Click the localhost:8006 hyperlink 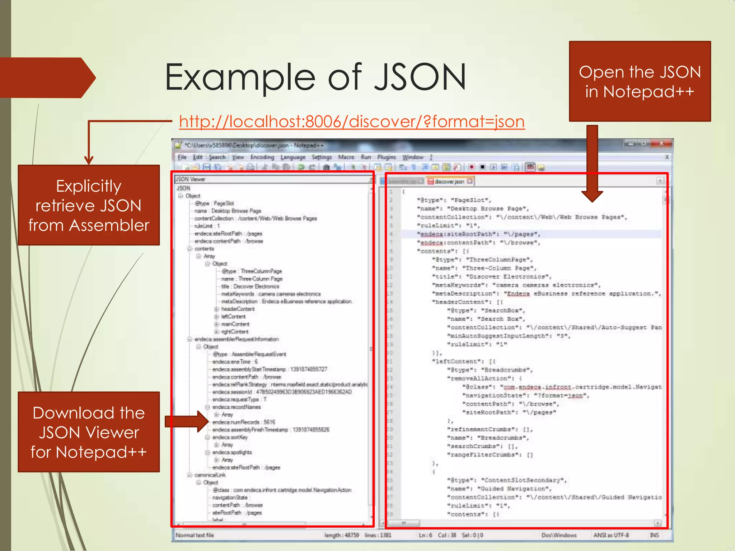coord(352,122)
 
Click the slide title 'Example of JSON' coord(315,77)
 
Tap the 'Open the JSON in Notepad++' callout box coord(640,81)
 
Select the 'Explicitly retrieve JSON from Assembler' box coord(89,205)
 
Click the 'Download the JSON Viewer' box coord(89,432)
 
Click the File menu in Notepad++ coord(182,157)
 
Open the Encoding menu coord(262,157)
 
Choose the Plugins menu coord(386,157)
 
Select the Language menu coord(293,157)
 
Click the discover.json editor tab coord(449,182)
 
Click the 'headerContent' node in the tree coord(238,309)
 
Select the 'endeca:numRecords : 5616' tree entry coord(244,422)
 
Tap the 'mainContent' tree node coord(235,324)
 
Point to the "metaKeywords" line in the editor coord(516,285)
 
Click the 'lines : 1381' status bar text coord(378,535)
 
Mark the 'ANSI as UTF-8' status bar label coord(611,535)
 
